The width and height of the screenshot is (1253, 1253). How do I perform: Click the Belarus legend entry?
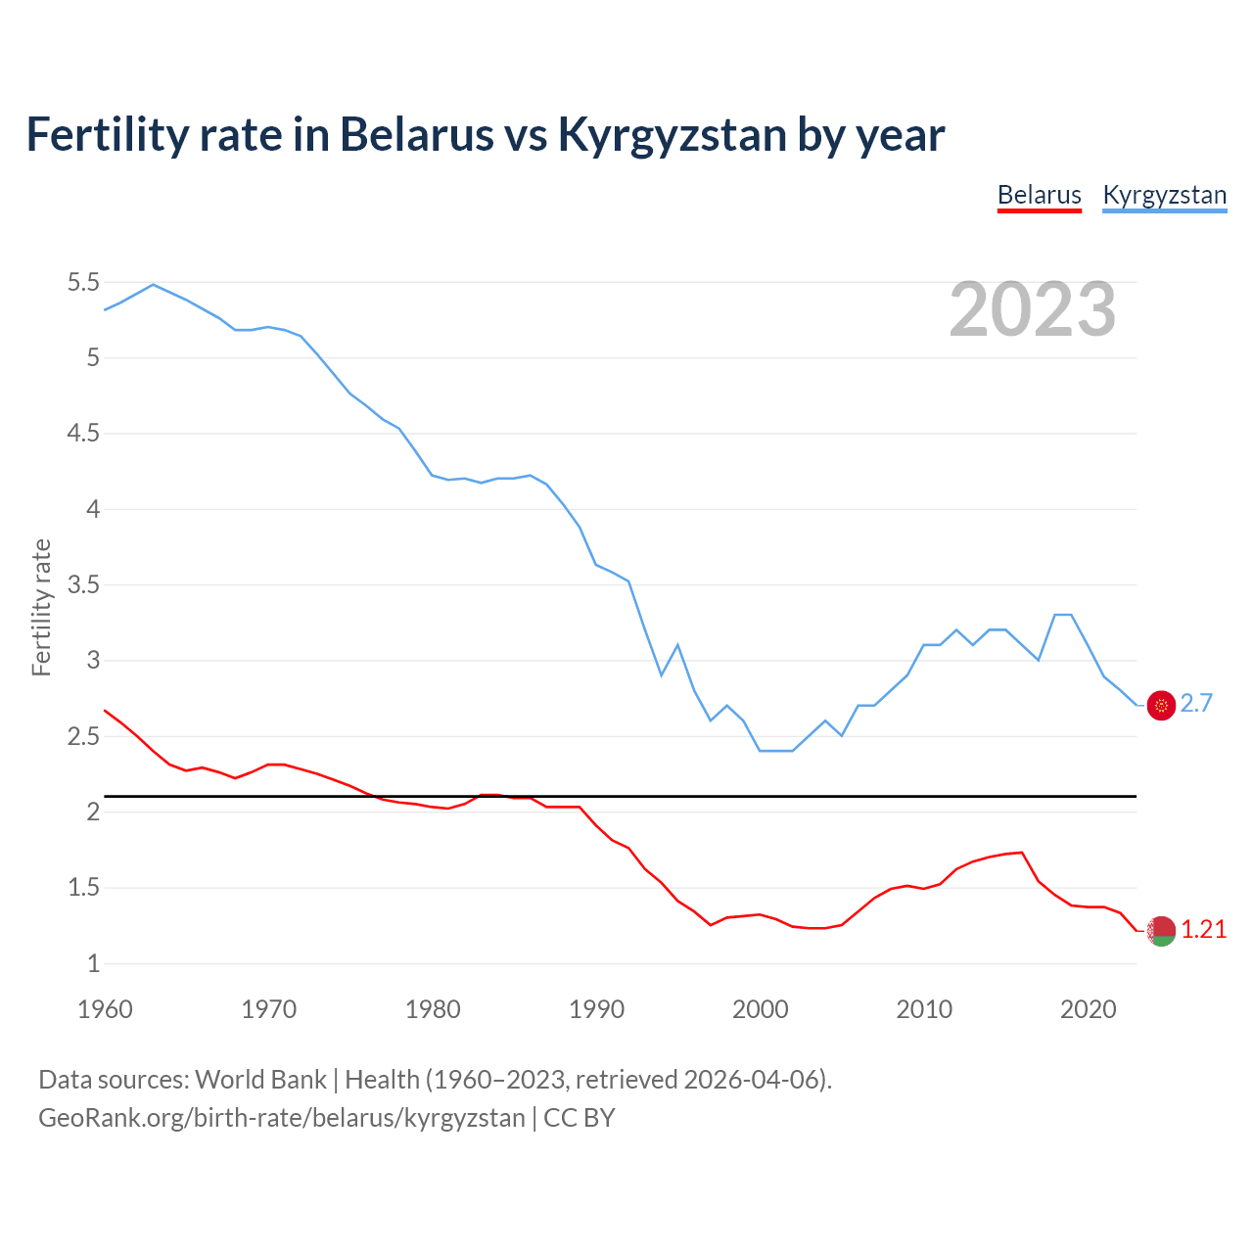coord(1039,195)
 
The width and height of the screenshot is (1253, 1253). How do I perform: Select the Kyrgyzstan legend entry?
coord(1164,195)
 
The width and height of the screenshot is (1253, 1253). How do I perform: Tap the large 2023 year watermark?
coord(1032,309)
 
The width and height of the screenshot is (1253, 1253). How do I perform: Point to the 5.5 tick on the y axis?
coord(83,283)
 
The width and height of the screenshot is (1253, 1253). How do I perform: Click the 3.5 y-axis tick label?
coord(83,585)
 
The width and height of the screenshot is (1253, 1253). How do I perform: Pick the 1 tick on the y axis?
coord(93,963)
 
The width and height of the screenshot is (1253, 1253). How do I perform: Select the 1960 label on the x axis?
coord(105,1009)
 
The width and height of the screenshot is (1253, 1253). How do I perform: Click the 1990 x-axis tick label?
coord(596,1009)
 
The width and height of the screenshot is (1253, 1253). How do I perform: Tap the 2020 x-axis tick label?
coord(1088,1009)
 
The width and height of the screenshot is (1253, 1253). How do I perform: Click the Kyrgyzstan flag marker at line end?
coord(1161,705)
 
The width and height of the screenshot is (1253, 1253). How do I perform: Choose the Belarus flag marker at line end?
coord(1161,931)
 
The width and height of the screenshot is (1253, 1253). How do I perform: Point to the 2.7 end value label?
coord(1196,703)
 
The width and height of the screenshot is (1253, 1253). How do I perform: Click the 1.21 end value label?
coord(1203,929)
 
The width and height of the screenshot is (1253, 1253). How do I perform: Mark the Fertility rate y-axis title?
coord(41,607)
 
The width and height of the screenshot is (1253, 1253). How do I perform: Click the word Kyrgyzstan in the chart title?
coord(672,135)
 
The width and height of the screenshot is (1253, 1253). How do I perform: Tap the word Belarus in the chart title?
coord(417,135)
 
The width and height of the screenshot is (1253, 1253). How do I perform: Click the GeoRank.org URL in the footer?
coord(281,1117)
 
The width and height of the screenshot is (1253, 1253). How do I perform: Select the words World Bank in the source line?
coord(260,1079)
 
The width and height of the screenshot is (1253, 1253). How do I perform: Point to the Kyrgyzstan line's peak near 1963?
coord(153,285)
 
